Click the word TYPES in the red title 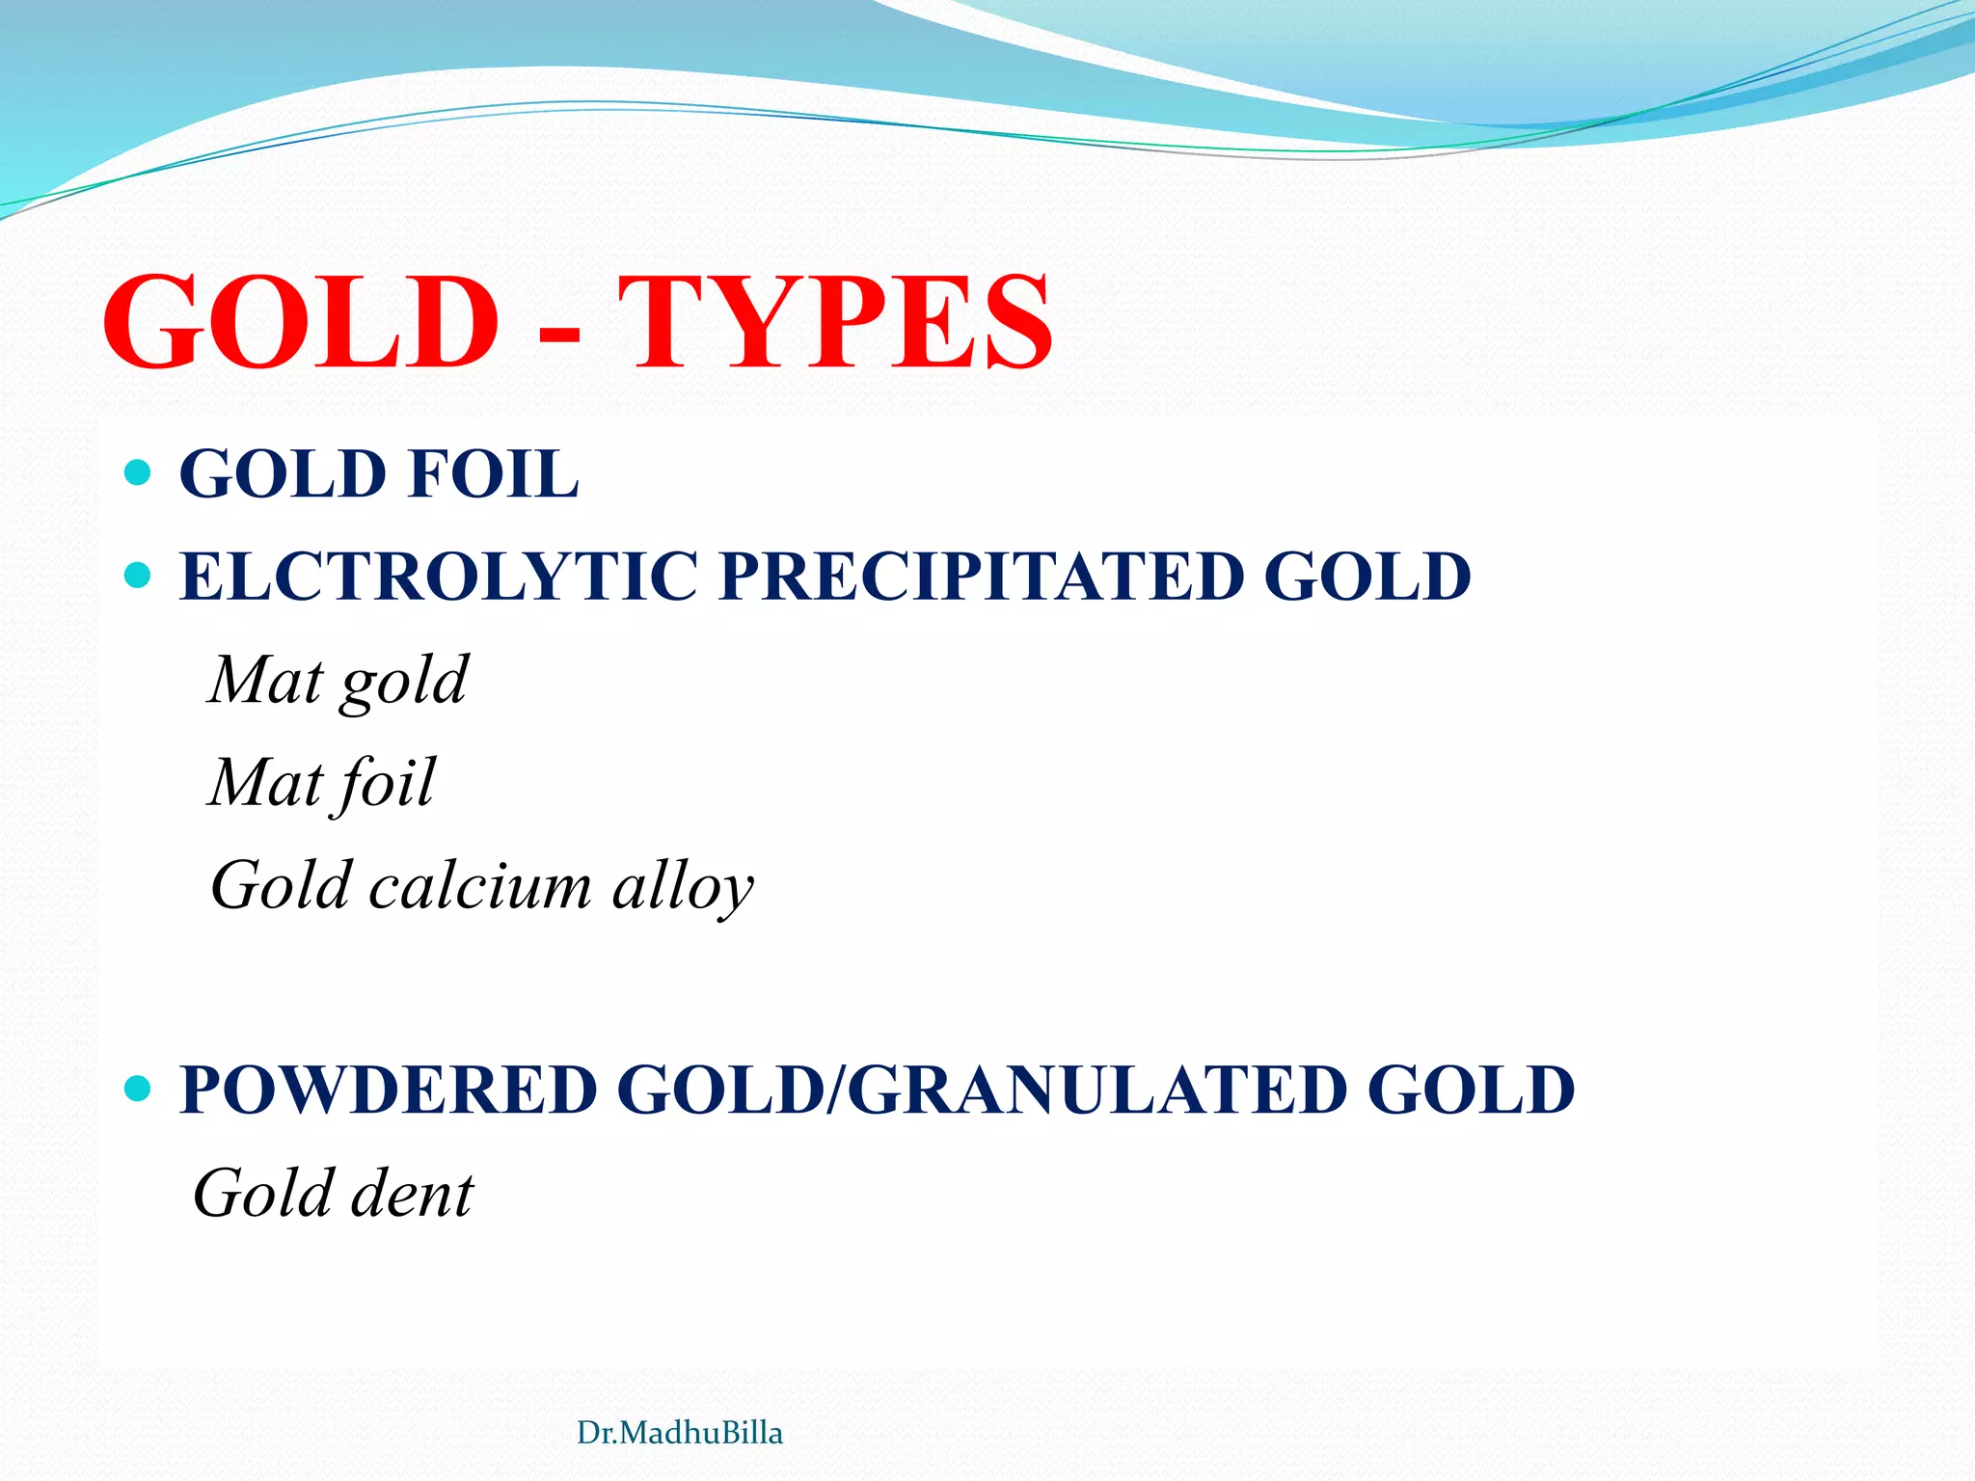coord(835,323)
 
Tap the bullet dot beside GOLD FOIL coord(139,472)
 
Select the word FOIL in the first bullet coord(493,474)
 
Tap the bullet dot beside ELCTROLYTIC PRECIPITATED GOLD coord(139,576)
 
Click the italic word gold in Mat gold coord(404,683)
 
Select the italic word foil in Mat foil coord(384,784)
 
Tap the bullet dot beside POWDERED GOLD coord(139,1090)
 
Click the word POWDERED coord(389,1091)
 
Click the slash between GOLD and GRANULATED coord(837,1091)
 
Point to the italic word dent coord(412,1195)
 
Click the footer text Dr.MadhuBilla coord(679,1433)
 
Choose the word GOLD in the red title coord(301,323)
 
